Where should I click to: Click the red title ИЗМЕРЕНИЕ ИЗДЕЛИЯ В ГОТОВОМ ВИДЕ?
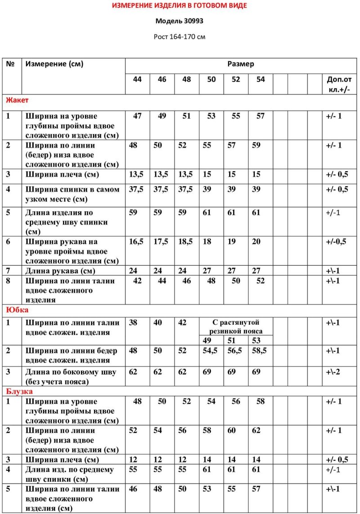pyautogui.click(x=180, y=6)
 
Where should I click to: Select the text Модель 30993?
pyautogui.click(x=180, y=21)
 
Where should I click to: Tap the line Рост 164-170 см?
pyautogui.click(x=180, y=36)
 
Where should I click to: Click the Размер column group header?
pyautogui.click(x=240, y=64)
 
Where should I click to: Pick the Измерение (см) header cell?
pyautogui.click(x=54, y=64)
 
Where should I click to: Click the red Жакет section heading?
pyautogui.click(x=17, y=100)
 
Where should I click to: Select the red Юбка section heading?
pyautogui.click(x=17, y=310)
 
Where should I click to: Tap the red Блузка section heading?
pyautogui.click(x=19, y=392)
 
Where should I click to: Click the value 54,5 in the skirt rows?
pyautogui.click(x=210, y=351)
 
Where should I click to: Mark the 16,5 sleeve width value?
pyautogui.click(x=136, y=241)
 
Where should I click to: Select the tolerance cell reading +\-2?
pyautogui.click(x=333, y=372)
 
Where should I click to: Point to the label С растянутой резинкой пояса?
pyautogui.click(x=236, y=326)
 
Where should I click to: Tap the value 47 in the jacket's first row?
pyautogui.click(x=137, y=116)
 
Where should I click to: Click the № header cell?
pyautogui.click(x=11, y=64)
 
